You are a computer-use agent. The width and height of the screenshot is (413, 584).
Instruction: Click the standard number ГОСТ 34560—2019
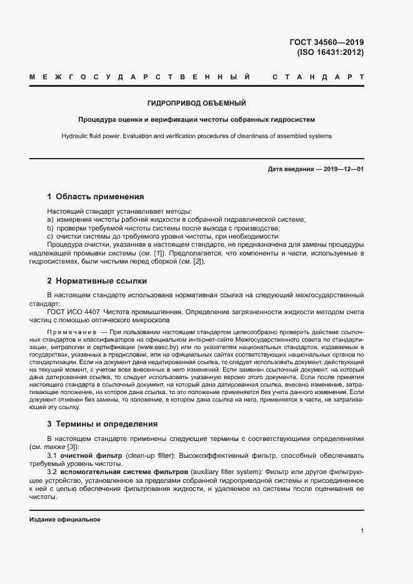pyautogui.click(x=326, y=42)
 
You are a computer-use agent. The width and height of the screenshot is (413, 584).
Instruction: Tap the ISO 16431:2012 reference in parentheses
pyautogui.click(x=330, y=52)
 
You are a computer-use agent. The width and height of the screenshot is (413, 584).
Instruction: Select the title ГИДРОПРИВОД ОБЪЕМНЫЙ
pyautogui.click(x=196, y=102)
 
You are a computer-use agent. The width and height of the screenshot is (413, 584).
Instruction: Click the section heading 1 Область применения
pyautogui.click(x=96, y=196)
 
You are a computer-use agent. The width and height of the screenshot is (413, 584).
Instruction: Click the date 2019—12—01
pyautogui.click(x=344, y=169)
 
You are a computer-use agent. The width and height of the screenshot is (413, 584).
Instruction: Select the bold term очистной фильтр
pyautogui.click(x=87, y=456)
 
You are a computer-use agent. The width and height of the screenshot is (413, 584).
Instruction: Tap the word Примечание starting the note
pyautogui.click(x=72, y=331)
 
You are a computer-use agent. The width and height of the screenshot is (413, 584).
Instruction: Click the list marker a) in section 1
pyautogui.click(x=51, y=220)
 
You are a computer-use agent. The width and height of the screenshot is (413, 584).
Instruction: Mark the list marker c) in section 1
pyautogui.click(x=51, y=237)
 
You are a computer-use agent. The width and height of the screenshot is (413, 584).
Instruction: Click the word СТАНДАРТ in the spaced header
pyautogui.click(x=319, y=77)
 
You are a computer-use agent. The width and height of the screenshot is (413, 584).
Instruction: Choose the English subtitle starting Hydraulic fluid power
pyautogui.click(x=196, y=136)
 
